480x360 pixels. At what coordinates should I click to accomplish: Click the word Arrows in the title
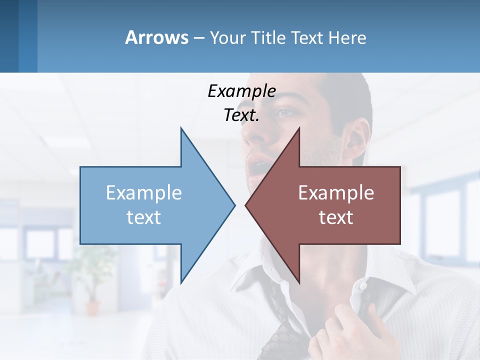point(156,37)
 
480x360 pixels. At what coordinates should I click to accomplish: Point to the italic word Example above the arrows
point(241,91)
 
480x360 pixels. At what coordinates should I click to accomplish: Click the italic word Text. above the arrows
point(241,115)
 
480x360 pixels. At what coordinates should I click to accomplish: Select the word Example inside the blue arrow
point(144,193)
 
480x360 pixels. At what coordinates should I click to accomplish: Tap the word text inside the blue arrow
point(144,217)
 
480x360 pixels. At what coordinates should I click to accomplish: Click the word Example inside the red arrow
point(336,193)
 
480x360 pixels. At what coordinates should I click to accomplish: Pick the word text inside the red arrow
point(336,217)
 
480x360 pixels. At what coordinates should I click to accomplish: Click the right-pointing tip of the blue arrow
point(233,204)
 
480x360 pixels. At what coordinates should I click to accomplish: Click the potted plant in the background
point(92,272)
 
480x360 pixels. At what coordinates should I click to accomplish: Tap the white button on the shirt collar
point(363,285)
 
